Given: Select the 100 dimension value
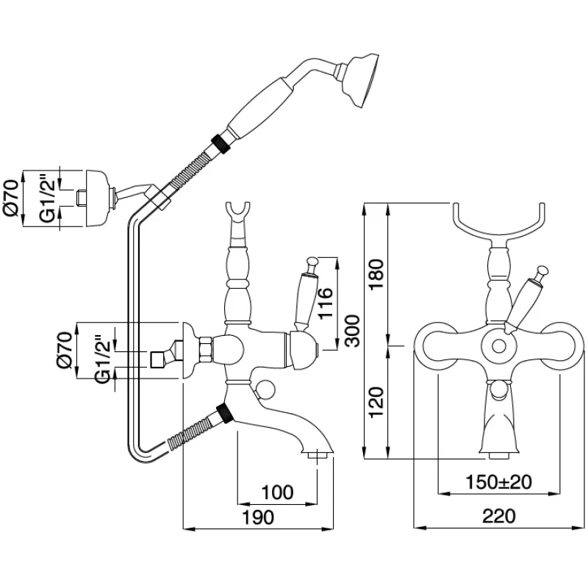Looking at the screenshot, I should coord(277,491).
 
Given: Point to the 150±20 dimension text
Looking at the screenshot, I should coord(500,483).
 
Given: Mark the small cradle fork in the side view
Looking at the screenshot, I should coord(239,211).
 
